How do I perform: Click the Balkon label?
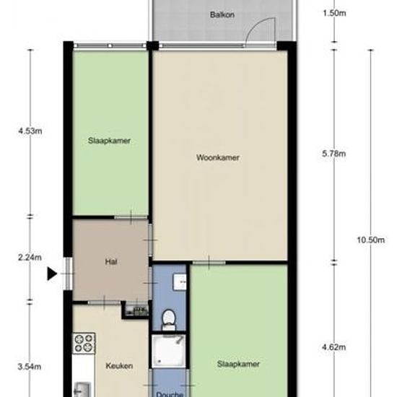pos(222,14)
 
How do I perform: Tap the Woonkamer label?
pos(218,158)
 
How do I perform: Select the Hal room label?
pos(111,261)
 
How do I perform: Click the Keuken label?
pos(119,366)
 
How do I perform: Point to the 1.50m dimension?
pos(334,13)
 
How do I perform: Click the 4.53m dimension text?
pos(30,131)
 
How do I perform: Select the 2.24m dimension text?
pos(30,258)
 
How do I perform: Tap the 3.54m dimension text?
pos(30,367)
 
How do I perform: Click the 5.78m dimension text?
pos(334,154)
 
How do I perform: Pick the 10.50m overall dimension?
pos(371,240)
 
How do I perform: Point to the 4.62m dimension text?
pos(334,347)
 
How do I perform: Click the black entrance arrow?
pos(52,274)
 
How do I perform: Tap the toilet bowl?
pos(169,320)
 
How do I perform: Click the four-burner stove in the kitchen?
pos(84,344)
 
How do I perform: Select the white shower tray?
pos(169,351)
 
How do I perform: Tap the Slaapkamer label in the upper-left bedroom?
pos(109,141)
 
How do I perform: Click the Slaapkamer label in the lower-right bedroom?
pos(238,364)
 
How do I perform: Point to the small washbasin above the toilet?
pos(180,282)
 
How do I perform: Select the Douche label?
pos(170,394)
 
